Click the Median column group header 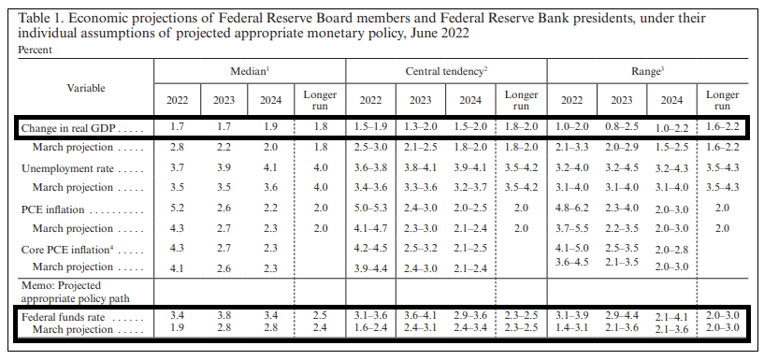[250, 71]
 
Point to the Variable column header [85, 88]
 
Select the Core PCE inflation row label [69, 250]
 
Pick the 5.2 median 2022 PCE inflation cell [177, 209]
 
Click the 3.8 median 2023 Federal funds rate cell [223, 316]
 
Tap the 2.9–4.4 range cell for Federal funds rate [622, 316]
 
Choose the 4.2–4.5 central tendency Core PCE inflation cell [369, 250]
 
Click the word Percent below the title [36, 49]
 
